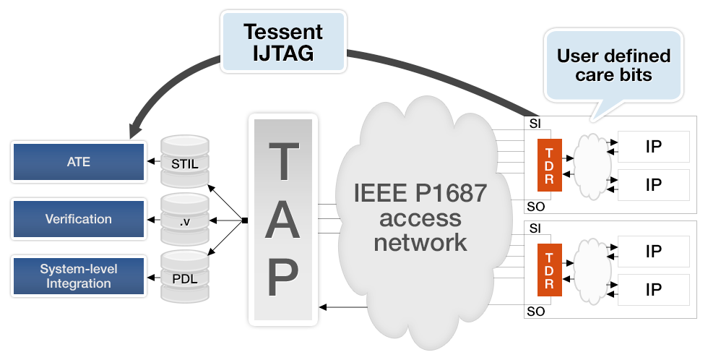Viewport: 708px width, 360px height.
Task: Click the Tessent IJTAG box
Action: pos(283,41)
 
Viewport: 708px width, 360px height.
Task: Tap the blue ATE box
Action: pos(79,162)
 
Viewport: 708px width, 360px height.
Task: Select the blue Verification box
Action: pos(79,219)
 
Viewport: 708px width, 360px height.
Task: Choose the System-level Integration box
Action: pos(79,276)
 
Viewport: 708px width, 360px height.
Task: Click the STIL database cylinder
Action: pos(185,161)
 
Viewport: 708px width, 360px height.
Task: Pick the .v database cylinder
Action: pos(185,219)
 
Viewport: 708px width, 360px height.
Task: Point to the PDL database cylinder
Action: pos(185,276)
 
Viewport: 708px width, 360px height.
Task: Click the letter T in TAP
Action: pos(283,161)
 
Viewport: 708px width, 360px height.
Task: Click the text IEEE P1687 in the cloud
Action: pos(420,193)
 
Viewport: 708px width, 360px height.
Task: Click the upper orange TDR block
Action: pos(550,166)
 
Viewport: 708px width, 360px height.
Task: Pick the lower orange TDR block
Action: pos(550,270)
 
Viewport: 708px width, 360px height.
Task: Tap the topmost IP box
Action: pos(653,146)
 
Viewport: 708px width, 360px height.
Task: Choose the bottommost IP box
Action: pos(653,290)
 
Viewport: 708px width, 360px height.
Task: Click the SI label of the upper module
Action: pos(535,124)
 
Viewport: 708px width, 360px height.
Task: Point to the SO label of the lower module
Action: pos(536,312)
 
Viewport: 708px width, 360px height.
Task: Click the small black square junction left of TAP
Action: pos(245,220)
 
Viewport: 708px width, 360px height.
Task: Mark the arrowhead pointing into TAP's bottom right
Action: pos(322,307)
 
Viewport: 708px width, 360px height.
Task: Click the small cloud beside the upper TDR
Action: pos(591,162)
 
